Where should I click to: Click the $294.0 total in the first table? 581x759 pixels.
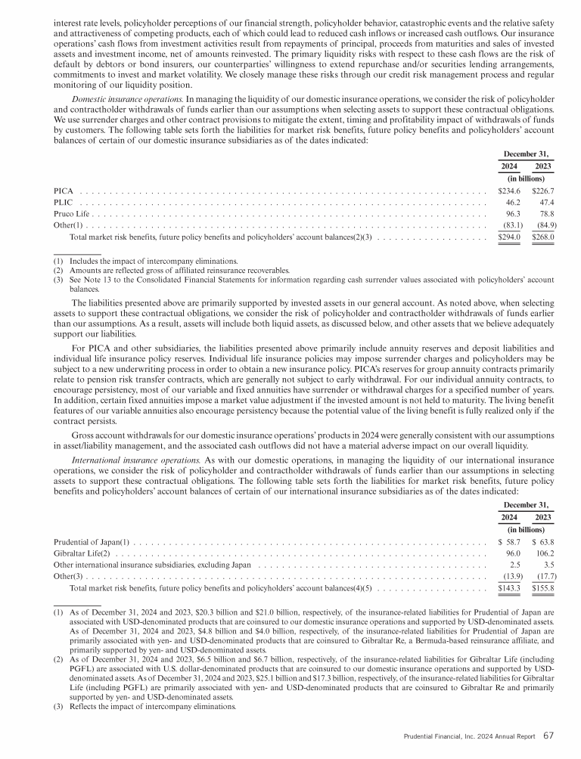[x=510, y=237]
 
